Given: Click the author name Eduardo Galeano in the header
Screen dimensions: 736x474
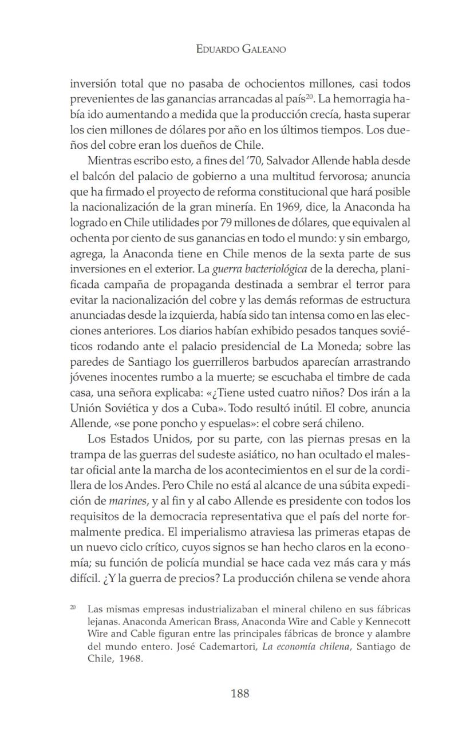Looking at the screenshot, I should [x=240, y=50].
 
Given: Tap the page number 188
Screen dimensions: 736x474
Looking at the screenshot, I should [x=240, y=693].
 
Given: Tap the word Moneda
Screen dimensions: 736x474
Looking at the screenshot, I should [x=359, y=346].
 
